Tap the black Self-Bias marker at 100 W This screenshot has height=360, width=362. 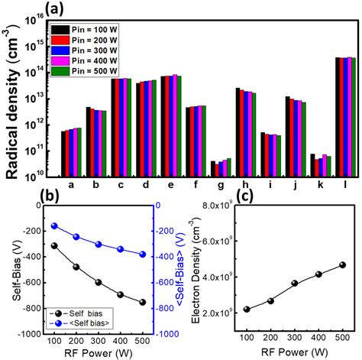pos(76,245)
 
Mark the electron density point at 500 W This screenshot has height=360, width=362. pos(342,264)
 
